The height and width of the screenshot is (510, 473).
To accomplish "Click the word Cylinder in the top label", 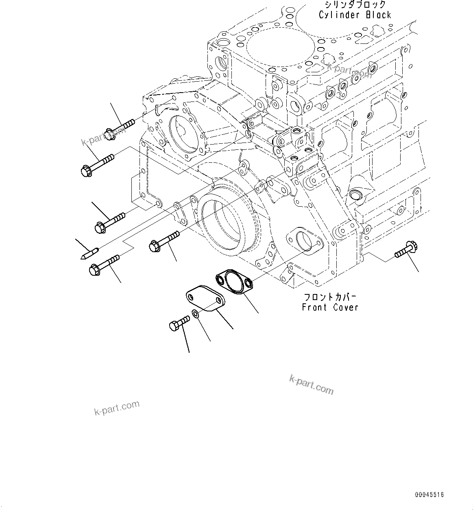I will tap(338, 15).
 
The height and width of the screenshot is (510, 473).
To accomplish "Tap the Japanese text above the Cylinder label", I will tap(355, 5).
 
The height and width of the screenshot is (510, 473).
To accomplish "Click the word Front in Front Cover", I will tap(314, 307).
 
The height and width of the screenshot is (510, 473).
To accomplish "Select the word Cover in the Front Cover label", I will tap(346, 307).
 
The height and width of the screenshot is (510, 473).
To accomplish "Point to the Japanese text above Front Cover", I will tap(329, 297).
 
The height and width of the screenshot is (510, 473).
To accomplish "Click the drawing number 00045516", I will tap(429, 495).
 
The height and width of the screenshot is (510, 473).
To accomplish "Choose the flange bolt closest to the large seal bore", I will tap(164, 240).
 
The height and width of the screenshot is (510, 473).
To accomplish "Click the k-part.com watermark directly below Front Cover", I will tap(311, 384).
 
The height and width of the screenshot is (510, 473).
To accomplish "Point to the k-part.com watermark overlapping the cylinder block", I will tap(344, 70).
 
